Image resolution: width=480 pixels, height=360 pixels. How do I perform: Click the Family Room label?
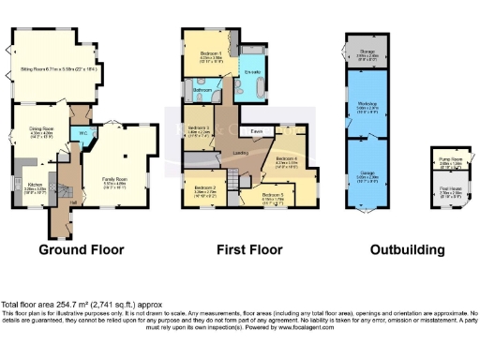coord(114,180)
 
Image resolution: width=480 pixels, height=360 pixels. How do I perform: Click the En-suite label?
coord(253,72)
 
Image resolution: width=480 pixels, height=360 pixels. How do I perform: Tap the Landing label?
coord(240,152)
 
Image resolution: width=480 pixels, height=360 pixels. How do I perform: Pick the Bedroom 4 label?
coord(287,159)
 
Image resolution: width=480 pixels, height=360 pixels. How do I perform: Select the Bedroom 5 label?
coord(273,196)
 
